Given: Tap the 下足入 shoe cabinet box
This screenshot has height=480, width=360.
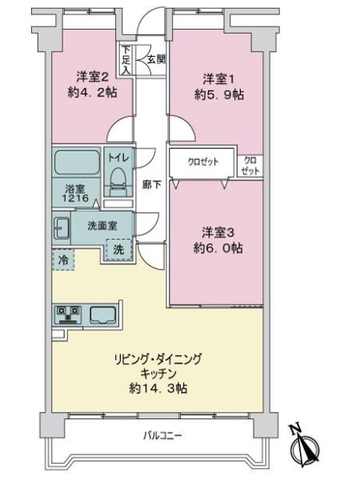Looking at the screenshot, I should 126,59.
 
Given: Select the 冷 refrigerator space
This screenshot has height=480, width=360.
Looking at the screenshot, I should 62,259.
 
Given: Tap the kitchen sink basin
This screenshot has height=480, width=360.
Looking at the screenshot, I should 104,314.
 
